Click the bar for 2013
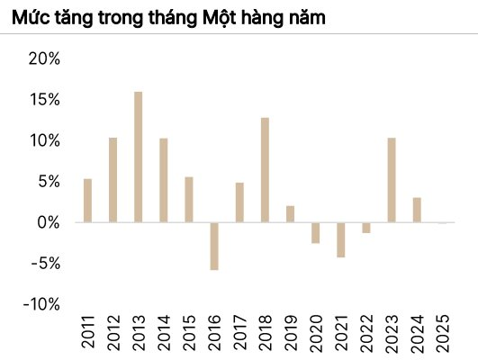tap(138, 157)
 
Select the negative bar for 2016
tap(214, 246)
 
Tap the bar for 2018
tap(265, 169)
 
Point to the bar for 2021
tap(341, 239)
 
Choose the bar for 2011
tap(87, 200)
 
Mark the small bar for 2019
tap(290, 213)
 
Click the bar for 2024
tap(417, 210)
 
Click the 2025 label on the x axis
tap(442, 334)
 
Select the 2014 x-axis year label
tap(163, 334)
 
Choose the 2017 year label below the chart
tap(239, 334)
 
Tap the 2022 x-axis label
tap(366, 334)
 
